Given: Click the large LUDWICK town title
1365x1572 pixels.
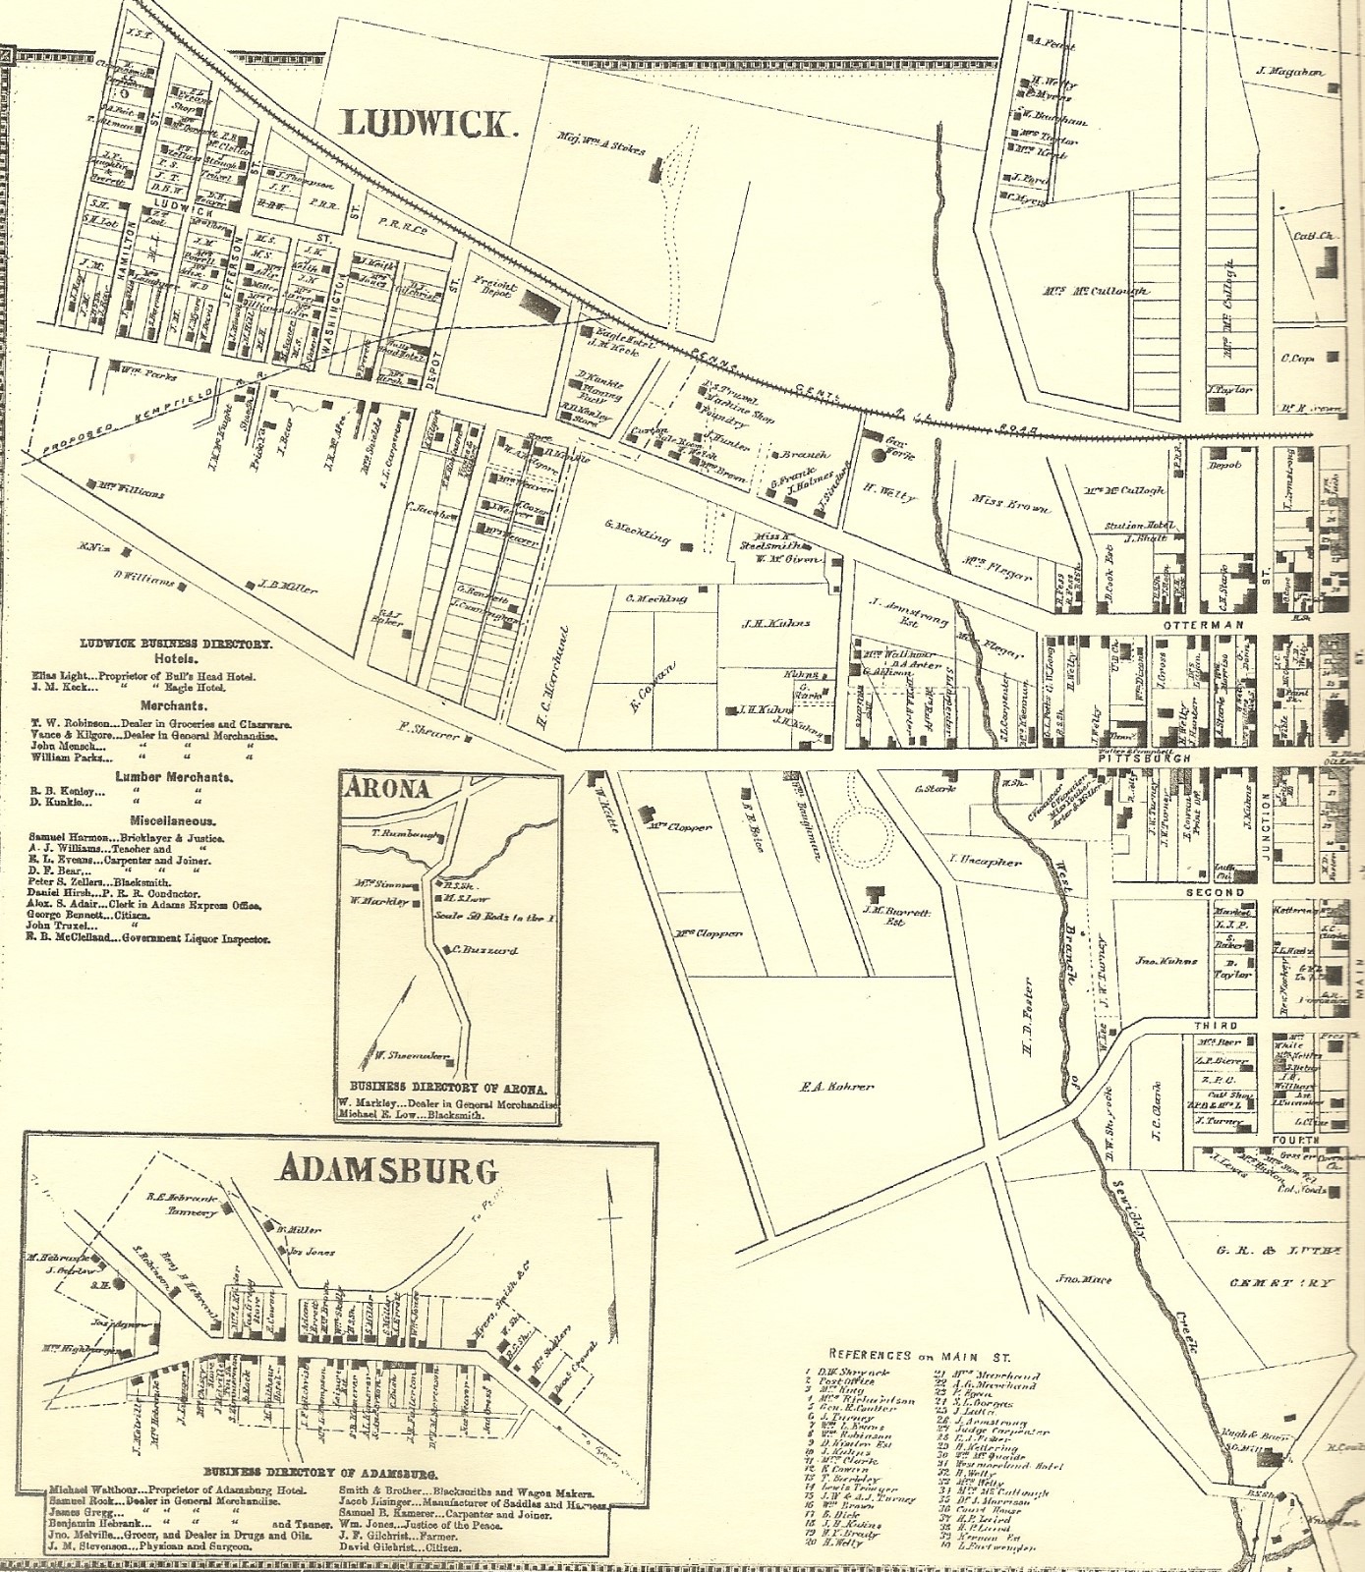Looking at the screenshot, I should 427,124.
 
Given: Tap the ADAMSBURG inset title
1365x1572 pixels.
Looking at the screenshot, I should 389,1169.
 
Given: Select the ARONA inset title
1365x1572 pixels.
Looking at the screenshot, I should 387,788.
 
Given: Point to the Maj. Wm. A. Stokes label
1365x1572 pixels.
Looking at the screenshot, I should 601,144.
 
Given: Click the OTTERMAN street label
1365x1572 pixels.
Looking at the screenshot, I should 1204,625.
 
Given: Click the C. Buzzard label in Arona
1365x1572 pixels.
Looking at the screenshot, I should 485,950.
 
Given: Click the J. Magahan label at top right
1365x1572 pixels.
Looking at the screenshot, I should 1290,72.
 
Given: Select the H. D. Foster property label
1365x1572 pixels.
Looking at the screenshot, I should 1028,1017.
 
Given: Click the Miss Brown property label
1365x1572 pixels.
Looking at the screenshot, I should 1010,504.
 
